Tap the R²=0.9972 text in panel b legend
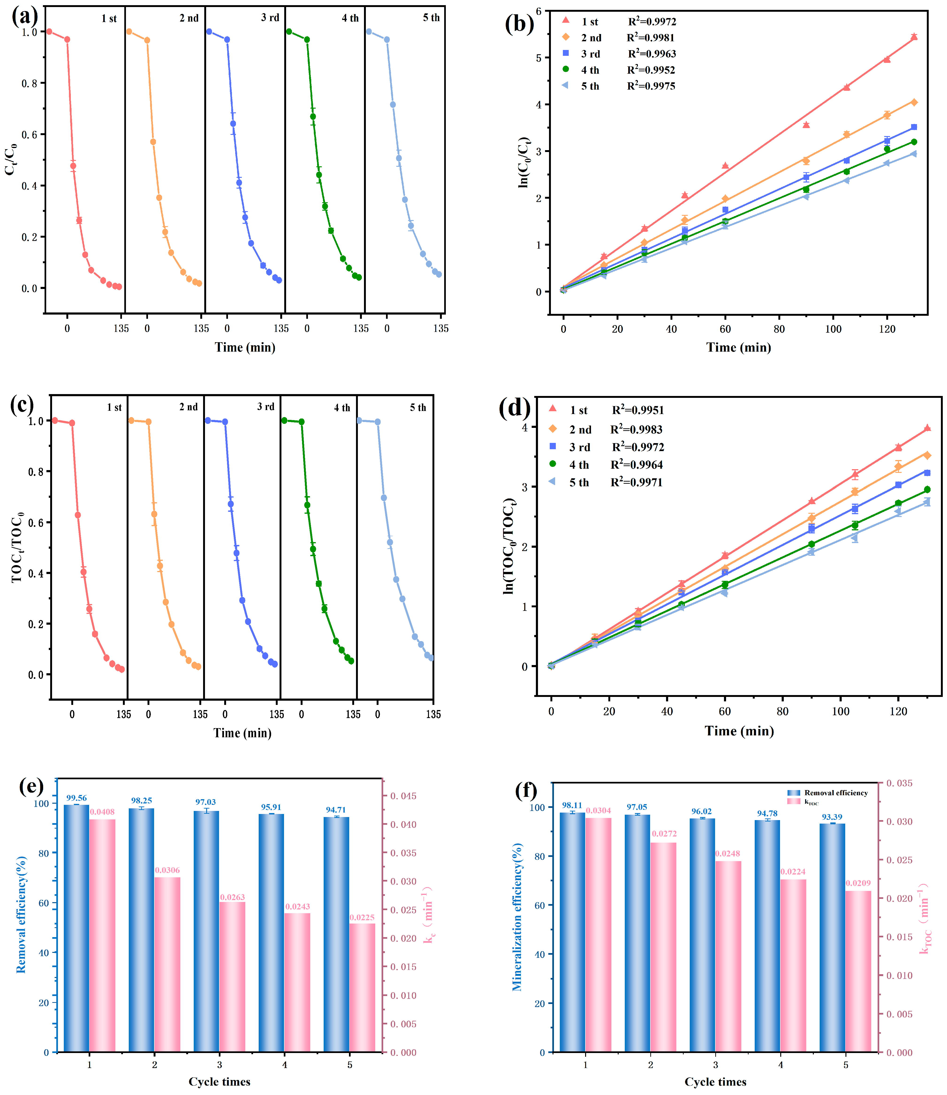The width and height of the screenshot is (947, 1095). tap(652, 22)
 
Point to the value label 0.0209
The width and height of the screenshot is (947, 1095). tap(858, 883)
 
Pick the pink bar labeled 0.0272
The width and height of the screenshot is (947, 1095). tap(663, 946)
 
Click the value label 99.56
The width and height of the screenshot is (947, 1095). tap(77, 798)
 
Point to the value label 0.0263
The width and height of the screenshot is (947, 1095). tap(232, 897)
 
